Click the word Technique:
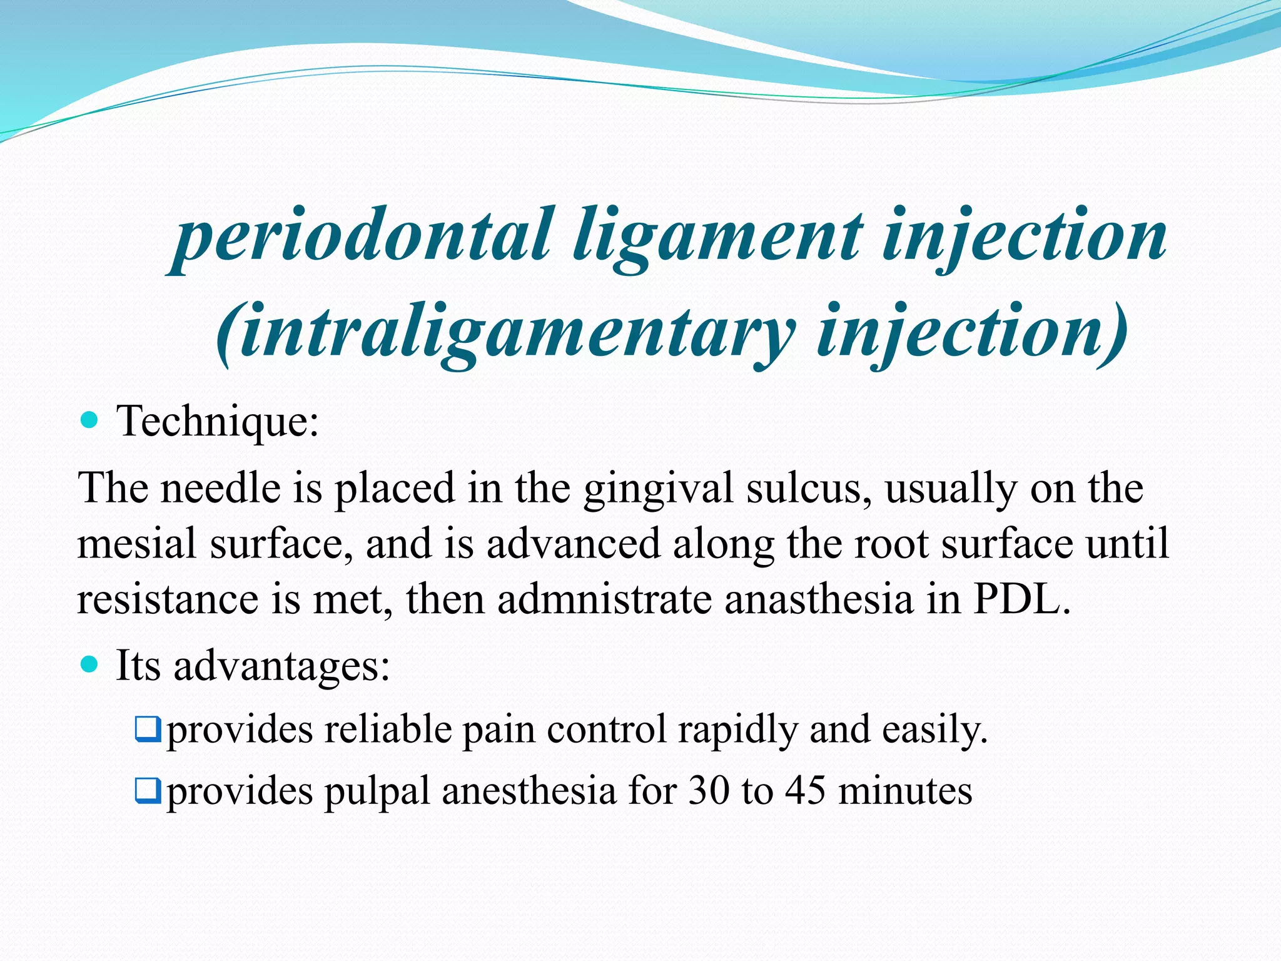click(x=218, y=421)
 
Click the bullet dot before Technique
click(x=90, y=419)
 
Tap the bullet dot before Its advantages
click(x=90, y=664)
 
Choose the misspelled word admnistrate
click(x=604, y=599)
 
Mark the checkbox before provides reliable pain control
click(x=148, y=730)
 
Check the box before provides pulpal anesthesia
click(x=148, y=791)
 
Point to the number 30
click(x=709, y=791)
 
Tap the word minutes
click(x=905, y=791)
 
